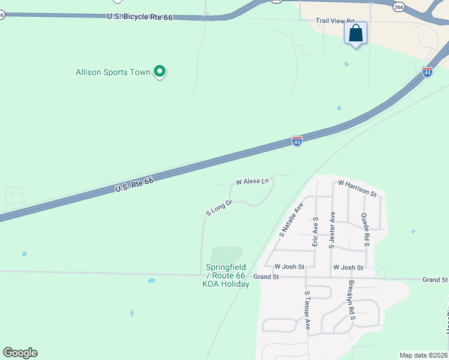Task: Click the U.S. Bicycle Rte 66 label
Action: [x=140, y=17]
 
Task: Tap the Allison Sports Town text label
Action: [x=113, y=72]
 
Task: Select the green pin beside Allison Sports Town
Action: [x=160, y=72]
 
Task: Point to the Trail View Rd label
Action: [x=336, y=20]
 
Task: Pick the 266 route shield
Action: [x=399, y=6]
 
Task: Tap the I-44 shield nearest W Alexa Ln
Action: [x=297, y=141]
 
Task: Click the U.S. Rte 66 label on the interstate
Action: [x=134, y=184]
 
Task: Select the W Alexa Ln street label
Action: [x=252, y=181]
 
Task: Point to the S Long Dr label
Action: [x=219, y=208]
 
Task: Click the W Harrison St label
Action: [x=357, y=188]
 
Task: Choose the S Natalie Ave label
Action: [x=292, y=219]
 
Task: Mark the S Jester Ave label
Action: [x=331, y=229]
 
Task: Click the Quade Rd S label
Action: [x=364, y=230]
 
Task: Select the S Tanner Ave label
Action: [x=307, y=310]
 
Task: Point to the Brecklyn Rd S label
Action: [x=349, y=300]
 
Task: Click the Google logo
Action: [x=20, y=353]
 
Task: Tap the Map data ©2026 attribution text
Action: [x=423, y=355]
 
